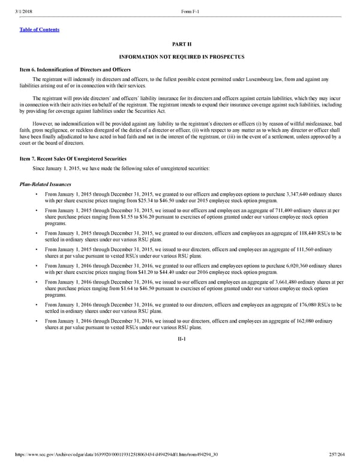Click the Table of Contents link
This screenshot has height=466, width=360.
pyautogui.click(x=40, y=29)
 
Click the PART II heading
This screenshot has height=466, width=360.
pyautogui.click(x=181, y=44)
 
